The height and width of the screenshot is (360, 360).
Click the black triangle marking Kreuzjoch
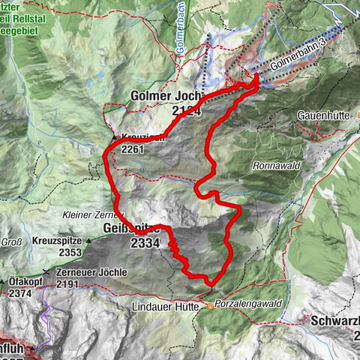114,138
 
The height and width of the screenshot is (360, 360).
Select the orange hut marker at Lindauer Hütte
200,306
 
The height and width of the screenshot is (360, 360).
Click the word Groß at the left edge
10,242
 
